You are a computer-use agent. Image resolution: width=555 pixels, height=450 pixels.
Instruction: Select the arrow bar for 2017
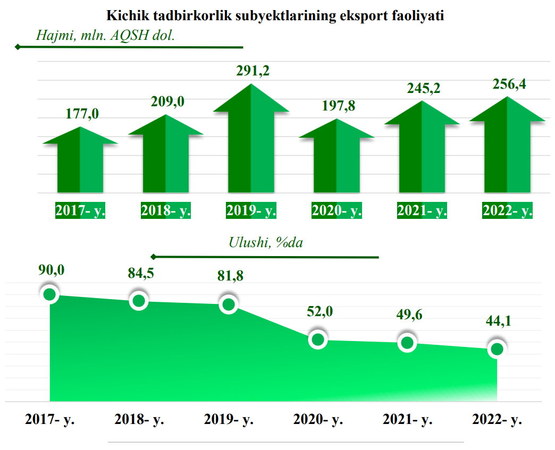[x=80, y=165]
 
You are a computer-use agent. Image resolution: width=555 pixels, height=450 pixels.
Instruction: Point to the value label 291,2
[x=253, y=71]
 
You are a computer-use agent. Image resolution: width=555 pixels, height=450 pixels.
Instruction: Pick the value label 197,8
[x=339, y=105]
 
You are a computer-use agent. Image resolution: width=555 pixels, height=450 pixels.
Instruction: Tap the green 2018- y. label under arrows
[x=166, y=210]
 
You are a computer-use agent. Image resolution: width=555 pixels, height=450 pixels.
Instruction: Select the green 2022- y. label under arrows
[x=508, y=210]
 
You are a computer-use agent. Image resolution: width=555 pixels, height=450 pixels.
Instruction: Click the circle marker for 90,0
[x=50, y=294]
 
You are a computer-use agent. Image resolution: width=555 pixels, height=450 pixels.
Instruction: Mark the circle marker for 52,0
[x=318, y=339]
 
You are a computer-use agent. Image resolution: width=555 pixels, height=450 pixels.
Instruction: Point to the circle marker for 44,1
[x=497, y=349]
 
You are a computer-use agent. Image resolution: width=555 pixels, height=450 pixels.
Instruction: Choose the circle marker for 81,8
[x=229, y=304]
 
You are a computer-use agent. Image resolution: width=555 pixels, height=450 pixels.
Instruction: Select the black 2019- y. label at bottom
[x=229, y=420]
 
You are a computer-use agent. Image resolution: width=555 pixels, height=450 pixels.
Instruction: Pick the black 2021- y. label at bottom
[x=408, y=420]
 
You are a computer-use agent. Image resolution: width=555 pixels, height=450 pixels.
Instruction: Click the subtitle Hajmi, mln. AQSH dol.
[x=105, y=36]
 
